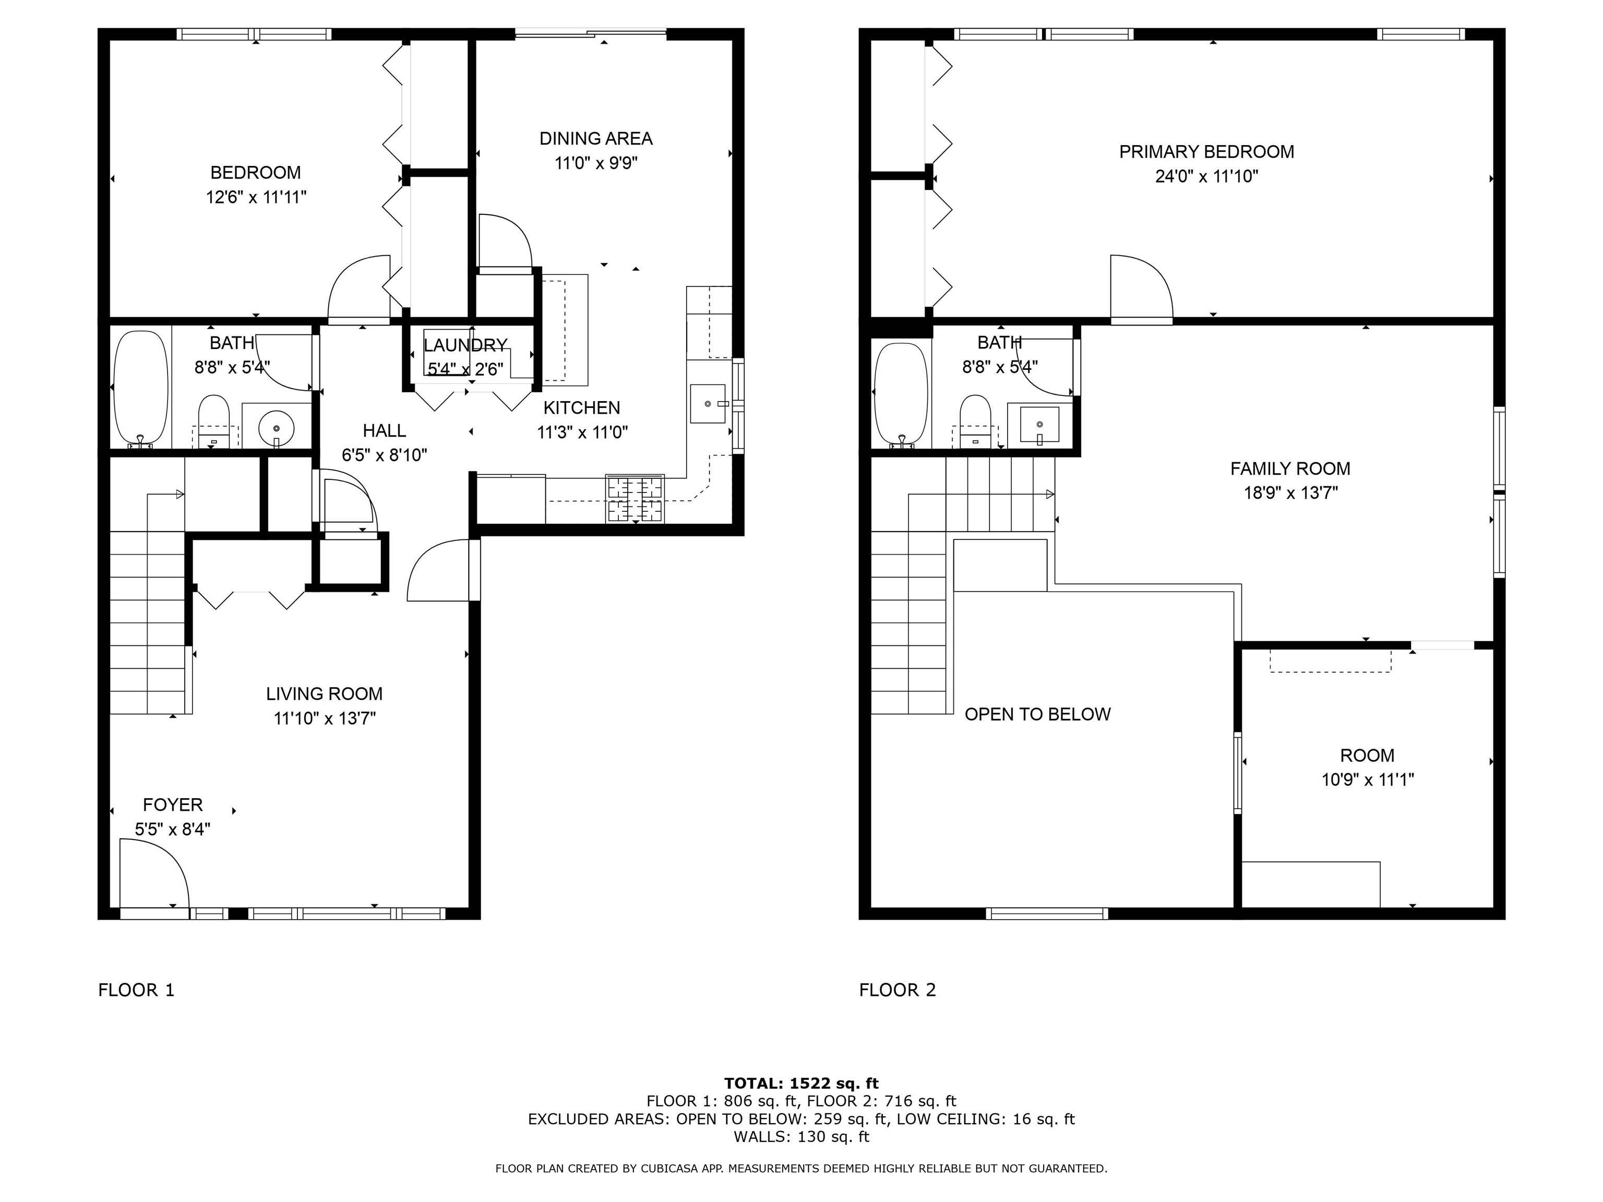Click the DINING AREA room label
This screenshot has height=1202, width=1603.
pos(596,138)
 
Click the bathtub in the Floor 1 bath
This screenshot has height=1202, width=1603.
pos(141,388)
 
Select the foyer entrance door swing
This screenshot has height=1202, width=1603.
pos(153,872)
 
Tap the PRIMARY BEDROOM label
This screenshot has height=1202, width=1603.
pos(1206,152)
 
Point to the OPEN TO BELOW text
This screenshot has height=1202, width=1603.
pos(1037,714)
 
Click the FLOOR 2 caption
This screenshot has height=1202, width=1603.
pos(897,990)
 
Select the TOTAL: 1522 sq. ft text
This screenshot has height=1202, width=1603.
pos(801,1083)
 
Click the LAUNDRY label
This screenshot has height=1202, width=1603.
pos(465,345)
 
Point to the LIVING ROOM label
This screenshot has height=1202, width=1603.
pos(324,694)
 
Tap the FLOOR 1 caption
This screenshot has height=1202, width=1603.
pos(136,990)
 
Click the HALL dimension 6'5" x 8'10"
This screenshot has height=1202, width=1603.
pos(384,455)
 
